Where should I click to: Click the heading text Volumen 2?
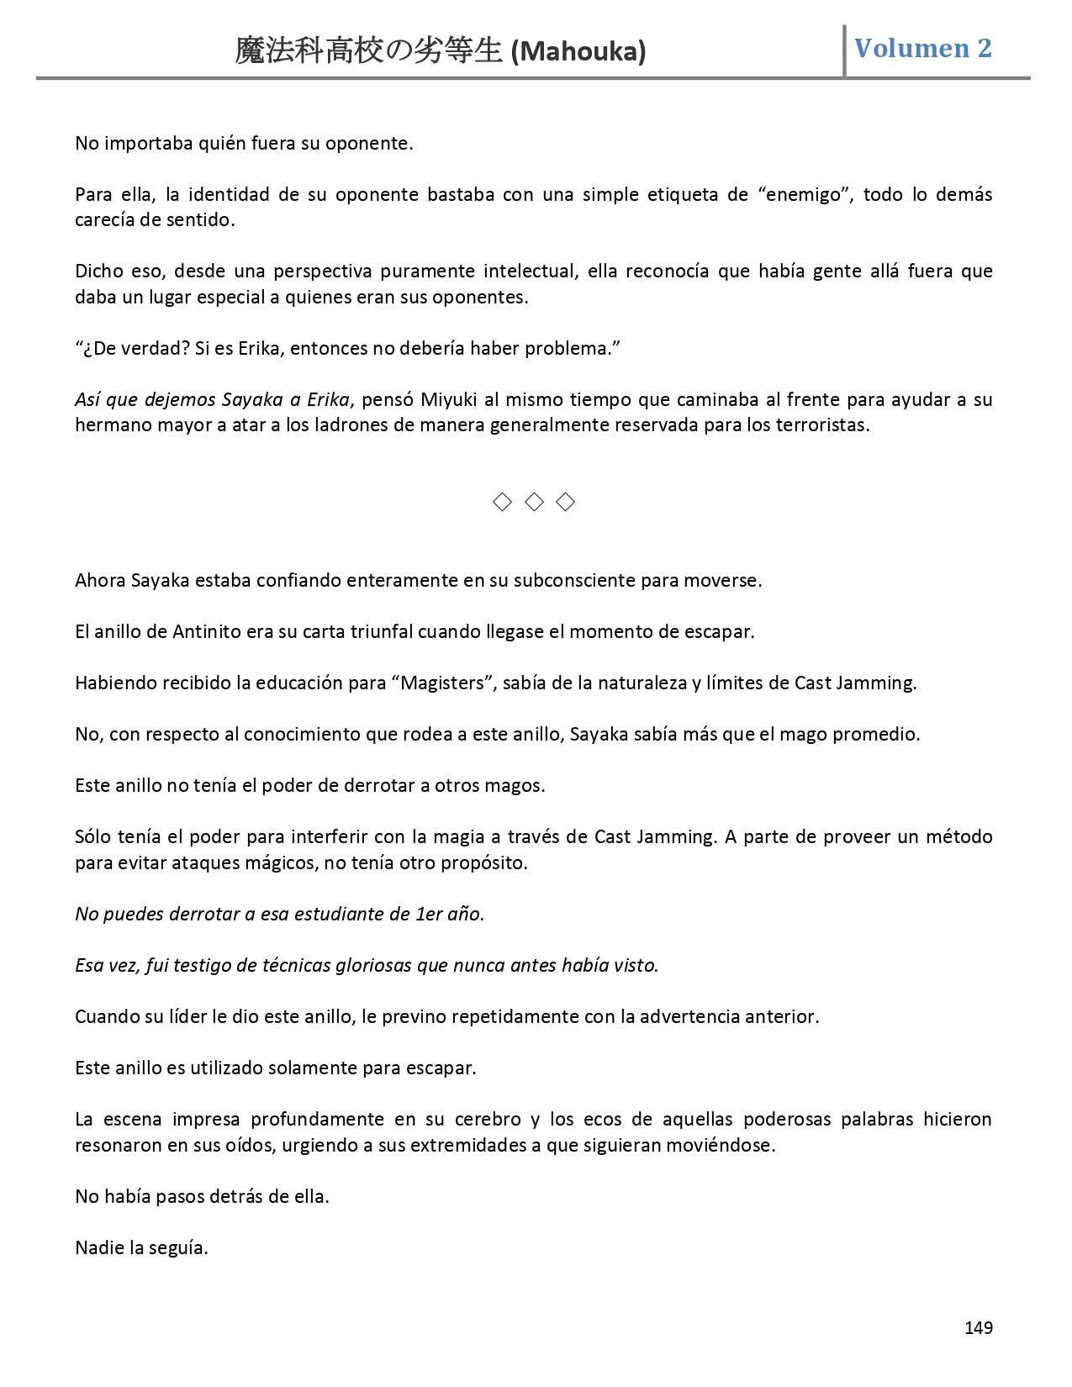[922, 48]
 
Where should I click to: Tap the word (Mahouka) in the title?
[578, 52]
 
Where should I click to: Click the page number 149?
[978, 1327]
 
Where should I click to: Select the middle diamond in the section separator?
[534, 503]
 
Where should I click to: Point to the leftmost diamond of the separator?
[502, 503]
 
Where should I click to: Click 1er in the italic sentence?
[428, 914]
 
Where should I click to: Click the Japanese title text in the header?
[370, 52]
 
